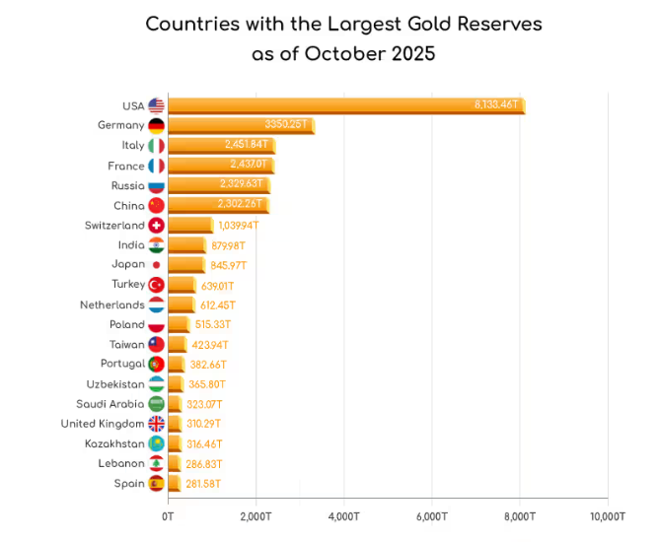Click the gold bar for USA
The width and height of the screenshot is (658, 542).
coord(345,105)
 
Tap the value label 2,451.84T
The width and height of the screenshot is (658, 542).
coord(247,145)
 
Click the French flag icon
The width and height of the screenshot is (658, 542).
coord(156,166)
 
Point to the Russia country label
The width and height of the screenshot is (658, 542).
coord(128,185)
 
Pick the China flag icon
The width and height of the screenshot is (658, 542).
coord(156,205)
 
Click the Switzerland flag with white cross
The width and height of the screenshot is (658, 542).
coord(156,226)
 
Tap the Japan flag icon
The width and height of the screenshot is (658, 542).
coord(156,265)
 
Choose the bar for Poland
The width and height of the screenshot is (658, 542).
coord(179,324)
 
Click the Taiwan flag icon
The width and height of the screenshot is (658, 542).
coord(156,345)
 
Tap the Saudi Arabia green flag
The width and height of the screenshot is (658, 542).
coord(156,404)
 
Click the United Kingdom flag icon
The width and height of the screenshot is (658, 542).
coord(156,424)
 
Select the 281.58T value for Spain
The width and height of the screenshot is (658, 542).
coord(204,484)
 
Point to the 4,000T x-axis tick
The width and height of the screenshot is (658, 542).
coord(343,515)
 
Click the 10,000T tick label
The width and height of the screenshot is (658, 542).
coord(606,515)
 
